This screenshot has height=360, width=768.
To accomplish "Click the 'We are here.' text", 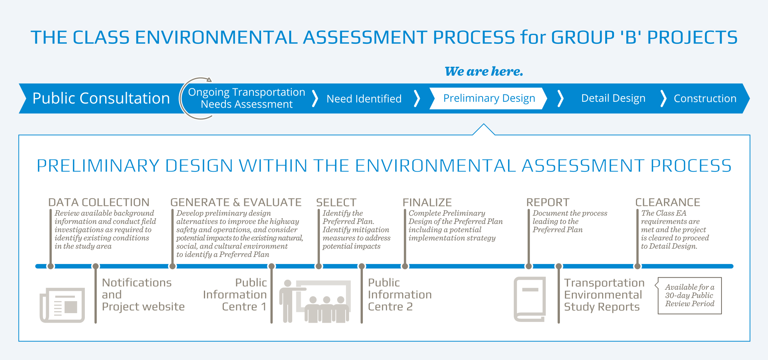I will point(484,71).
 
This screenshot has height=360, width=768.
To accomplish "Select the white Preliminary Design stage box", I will point(488,98).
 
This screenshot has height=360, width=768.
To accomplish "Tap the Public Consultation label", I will point(101,98).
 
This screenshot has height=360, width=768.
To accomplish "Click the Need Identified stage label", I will point(364,99).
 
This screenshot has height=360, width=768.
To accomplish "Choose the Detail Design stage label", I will point(613,98).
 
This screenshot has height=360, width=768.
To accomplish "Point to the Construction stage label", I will point(705,98).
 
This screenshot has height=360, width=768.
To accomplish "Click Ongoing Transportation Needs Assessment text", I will point(247,98).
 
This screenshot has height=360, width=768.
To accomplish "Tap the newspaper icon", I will point(62,305).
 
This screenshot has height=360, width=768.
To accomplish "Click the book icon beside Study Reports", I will point(530,299).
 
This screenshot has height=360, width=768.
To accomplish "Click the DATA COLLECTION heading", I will point(99,202).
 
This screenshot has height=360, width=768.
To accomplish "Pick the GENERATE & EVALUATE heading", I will point(236,202).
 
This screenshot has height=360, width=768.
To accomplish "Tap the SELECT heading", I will point(336,202).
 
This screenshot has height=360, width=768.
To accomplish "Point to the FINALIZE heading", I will point(427,202).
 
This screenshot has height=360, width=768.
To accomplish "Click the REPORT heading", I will point(548,202).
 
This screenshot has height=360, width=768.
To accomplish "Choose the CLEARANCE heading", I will point(667,202).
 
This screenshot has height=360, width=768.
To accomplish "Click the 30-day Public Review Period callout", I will point(690,295).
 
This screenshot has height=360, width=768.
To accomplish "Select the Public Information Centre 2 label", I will point(399,295).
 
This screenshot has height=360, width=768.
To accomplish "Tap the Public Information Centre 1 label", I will point(235,295).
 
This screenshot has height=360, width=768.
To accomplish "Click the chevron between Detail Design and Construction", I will point(663,98).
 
